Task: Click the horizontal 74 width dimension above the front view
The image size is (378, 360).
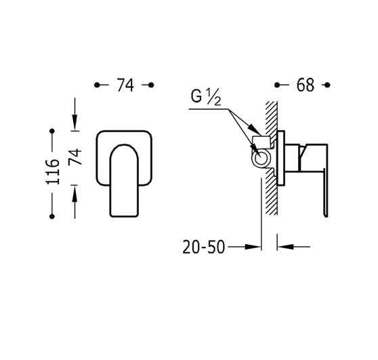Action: [x=125, y=85]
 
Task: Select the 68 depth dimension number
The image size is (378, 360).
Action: [x=306, y=85]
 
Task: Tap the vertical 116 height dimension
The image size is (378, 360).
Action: [x=52, y=172]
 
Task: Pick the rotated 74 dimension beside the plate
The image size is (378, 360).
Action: [x=75, y=157]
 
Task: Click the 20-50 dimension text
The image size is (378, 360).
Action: [x=204, y=247]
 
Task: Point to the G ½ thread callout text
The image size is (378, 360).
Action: [x=206, y=98]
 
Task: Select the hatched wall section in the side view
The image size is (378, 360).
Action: [x=271, y=158]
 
